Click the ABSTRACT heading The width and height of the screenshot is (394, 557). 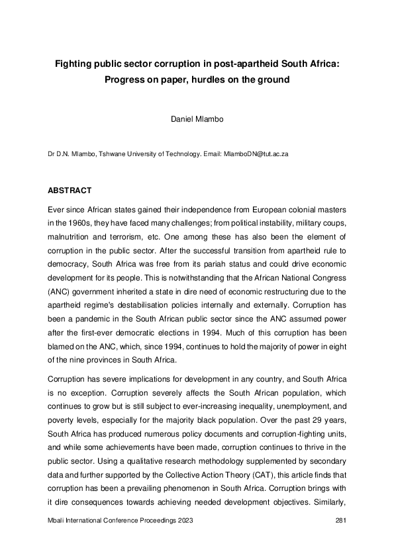(70, 191)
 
